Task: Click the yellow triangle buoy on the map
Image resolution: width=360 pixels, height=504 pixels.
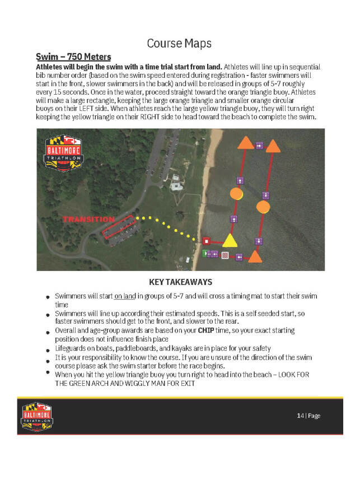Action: tap(228, 241)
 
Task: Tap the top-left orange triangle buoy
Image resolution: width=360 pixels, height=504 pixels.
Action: tap(245, 143)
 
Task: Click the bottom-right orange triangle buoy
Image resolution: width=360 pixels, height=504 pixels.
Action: tap(255, 257)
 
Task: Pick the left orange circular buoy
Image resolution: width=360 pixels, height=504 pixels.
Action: tap(236, 194)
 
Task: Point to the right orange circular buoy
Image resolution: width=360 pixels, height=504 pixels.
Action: tap(263, 207)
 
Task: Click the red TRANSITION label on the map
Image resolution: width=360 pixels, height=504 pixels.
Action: tap(88, 219)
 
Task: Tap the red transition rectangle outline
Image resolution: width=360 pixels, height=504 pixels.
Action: tap(118, 227)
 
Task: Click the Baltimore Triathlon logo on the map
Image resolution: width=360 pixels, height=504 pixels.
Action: tap(63, 152)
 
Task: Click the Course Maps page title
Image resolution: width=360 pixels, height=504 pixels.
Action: tap(179, 43)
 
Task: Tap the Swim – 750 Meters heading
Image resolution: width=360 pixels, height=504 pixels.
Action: tap(73, 57)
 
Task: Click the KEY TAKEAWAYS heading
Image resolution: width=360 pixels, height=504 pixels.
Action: tap(180, 282)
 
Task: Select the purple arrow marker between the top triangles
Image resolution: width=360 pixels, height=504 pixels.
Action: tap(259, 145)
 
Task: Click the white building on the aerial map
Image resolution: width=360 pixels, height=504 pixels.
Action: tap(176, 183)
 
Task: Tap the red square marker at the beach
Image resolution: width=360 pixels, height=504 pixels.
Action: tap(206, 241)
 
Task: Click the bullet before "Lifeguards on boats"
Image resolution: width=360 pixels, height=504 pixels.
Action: tap(48, 349)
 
